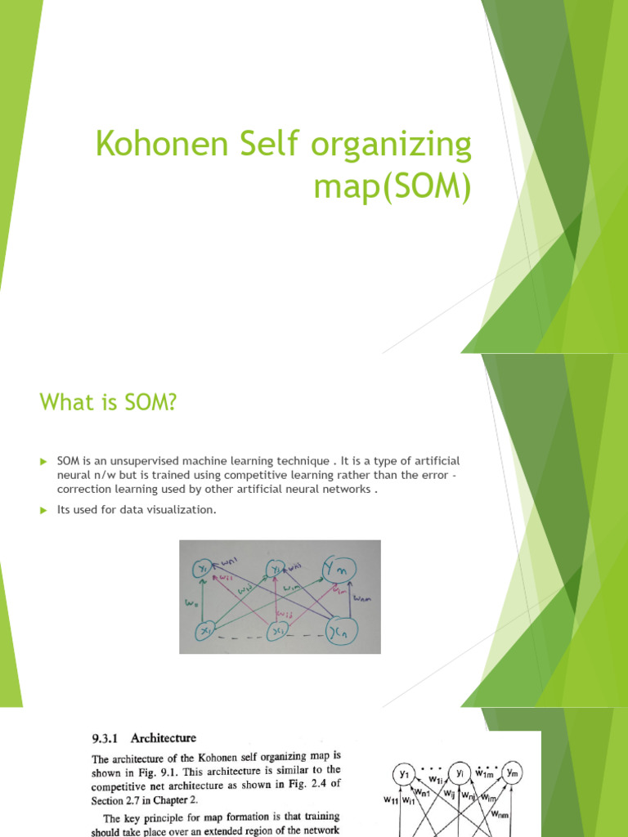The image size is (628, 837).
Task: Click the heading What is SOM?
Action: (x=108, y=402)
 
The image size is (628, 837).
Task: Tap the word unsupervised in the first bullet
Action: (x=141, y=462)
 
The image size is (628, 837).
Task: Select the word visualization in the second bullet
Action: (x=183, y=510)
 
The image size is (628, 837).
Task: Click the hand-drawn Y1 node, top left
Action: (x=202, y=567)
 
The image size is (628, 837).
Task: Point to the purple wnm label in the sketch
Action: (x=363, y=599)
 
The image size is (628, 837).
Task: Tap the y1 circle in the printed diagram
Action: (x=403, y=772)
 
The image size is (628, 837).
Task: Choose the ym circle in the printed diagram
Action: (x=512, y=772)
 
